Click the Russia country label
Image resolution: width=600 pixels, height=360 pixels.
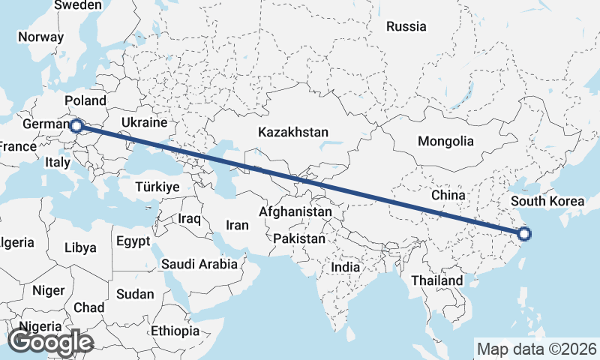(x=406, y=27)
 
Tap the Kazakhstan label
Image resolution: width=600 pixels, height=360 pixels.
(x=292, y=132)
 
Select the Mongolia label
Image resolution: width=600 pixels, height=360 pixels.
(x=445, y=141)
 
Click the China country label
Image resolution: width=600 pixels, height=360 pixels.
(x=449, y=195)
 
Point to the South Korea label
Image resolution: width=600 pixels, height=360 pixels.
(x=547, y=201)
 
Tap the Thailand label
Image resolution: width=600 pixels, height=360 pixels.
(x=436, y=280)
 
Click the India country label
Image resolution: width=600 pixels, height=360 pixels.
(x=346, y=267)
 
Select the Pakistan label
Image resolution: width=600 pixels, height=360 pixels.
(x=299, y=238)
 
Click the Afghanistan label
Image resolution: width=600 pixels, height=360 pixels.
(x=295, y=212)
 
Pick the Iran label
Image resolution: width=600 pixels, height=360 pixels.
(x=237, y=224)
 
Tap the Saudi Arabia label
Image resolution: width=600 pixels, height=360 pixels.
(x=199, y=264)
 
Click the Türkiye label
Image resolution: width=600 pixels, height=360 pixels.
(x=157, y=187)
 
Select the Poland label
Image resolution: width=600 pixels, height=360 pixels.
(x=85, y=100)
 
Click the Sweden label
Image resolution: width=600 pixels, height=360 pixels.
(x=78, y=5)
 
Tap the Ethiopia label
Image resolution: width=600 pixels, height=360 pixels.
(x=175, y=331)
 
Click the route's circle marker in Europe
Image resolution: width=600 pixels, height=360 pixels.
(x=76, y=126)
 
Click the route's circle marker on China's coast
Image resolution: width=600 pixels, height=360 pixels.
(x=523, y=234)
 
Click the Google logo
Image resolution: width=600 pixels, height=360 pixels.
(x=50, y=342)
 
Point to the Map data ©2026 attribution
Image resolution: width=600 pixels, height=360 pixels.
(x=536, y=349)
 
